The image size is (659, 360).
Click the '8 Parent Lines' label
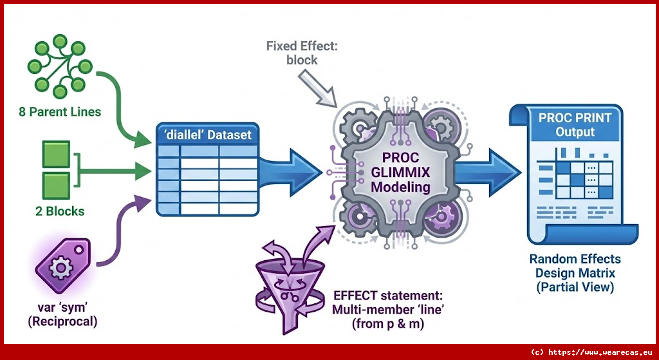(x=59, y=111)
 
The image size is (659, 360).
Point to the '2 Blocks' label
(x=59, y=211)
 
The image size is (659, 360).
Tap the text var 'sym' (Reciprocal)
(x=62, y=312)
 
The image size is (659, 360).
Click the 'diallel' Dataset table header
(x=208, y=135)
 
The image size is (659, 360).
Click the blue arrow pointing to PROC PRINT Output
(x=494, y=171)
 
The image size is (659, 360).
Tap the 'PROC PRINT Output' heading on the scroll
(x=567, y=125)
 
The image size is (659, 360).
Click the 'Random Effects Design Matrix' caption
(x=575, y=273)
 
